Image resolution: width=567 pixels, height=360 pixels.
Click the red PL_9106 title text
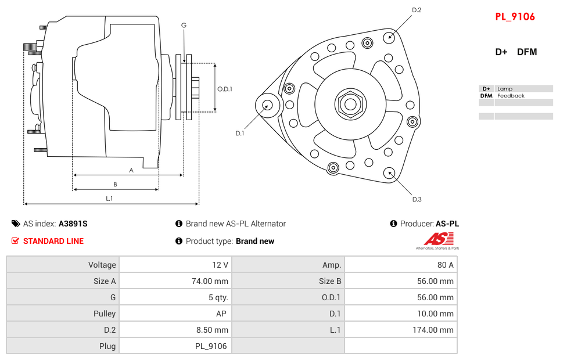(515, 17)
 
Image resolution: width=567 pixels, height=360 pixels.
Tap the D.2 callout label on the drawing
(417, 10)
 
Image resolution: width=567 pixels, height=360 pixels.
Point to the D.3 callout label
(417, 199)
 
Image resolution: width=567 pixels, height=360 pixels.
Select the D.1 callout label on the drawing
(239, 134)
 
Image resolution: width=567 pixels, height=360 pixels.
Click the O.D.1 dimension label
(225, 89)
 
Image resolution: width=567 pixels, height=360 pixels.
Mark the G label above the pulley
(184, 25)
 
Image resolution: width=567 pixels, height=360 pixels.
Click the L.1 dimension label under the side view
(109, 199)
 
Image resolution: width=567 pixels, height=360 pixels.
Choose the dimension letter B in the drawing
(115, 185)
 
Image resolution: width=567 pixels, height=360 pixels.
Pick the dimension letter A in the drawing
(131, 170)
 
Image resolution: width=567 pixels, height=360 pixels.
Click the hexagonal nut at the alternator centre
(350, 105)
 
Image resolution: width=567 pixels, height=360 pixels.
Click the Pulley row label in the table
(105, 314)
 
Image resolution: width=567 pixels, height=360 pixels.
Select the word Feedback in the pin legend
(511, 96)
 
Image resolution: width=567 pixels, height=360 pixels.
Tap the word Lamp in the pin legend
(505, 89)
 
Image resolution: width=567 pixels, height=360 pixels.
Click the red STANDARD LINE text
(53, 241)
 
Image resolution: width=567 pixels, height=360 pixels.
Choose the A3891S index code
(73, 224)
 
